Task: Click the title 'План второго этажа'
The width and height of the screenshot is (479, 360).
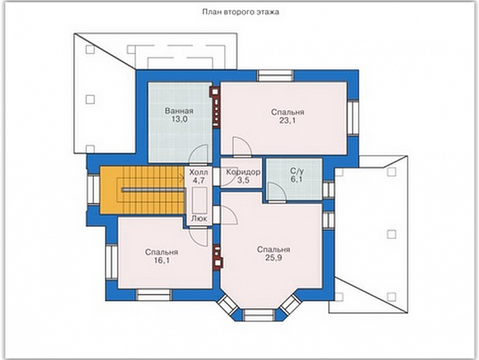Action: click(241, 12)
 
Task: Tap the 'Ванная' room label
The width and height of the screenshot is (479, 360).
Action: click(179, 110)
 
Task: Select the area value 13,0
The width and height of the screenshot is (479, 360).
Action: click(179, 119)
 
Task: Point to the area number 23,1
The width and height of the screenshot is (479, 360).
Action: click(287, 120)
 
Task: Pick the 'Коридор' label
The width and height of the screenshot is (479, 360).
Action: click(243, 172)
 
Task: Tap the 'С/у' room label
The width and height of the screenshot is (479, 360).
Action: click(297, 171)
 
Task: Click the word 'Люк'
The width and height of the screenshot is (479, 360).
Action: click(199, 219)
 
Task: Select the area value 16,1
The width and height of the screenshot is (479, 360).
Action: click(162, 260)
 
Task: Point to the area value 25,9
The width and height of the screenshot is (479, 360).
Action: click(273, 258)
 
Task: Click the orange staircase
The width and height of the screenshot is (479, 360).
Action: click(143, 190)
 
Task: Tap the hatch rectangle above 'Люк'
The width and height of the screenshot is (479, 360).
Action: click(199, 200)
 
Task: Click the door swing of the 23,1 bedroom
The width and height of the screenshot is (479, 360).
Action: click(242, 146)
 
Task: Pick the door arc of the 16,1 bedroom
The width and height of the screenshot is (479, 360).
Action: click(199, 237)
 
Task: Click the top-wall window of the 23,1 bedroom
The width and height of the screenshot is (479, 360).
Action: click(276, 76)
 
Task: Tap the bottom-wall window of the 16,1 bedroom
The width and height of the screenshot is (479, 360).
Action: click(153, 295)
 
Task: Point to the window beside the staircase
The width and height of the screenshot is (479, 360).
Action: click(92, 189)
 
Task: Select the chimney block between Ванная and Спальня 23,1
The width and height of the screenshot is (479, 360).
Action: click(215, 107)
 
